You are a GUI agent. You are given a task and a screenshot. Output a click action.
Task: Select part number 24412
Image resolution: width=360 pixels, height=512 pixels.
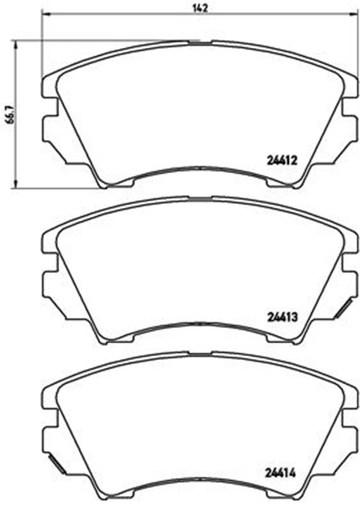tap(282, 160)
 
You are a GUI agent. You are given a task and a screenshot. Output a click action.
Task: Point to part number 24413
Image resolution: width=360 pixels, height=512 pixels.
tap(282, 316)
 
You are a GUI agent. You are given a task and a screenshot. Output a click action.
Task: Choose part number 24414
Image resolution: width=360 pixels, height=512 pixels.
tap(282, 470)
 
